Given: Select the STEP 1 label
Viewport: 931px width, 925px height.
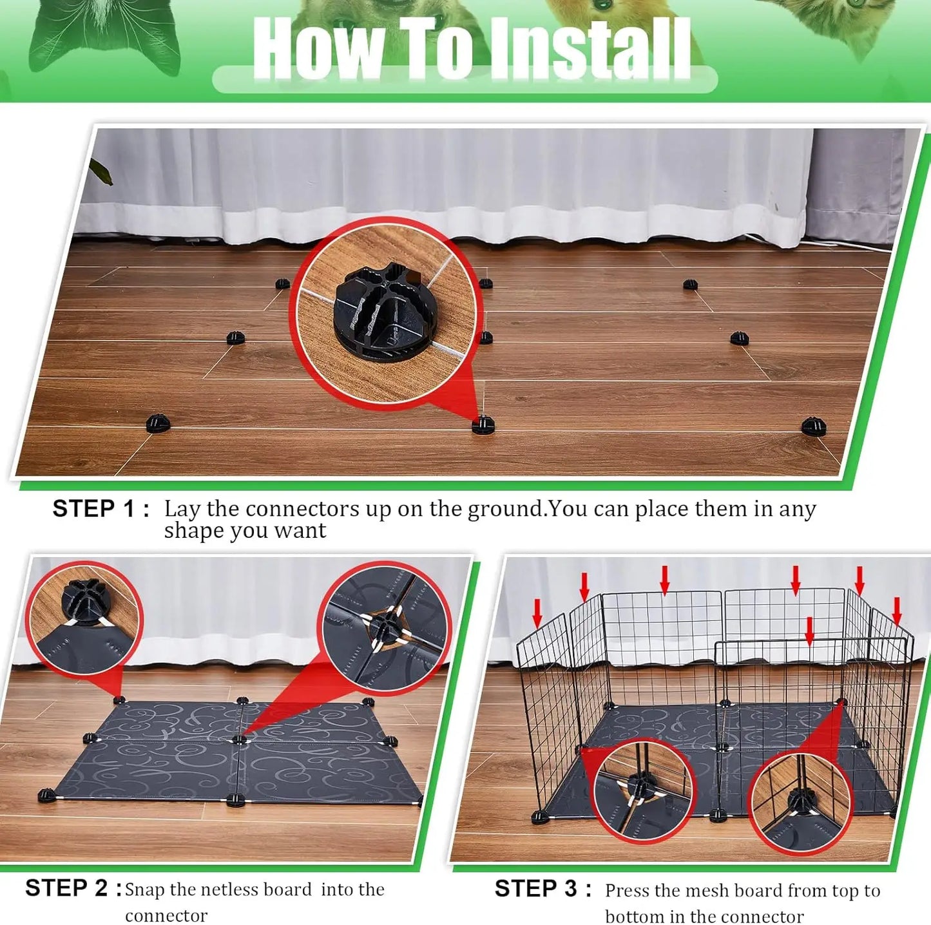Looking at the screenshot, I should pos(101,509).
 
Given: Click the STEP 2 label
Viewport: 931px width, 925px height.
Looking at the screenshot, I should pos(73,888).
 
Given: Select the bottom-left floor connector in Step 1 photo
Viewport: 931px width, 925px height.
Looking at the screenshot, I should pos(158,423).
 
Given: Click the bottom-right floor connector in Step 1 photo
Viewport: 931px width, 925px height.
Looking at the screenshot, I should pos(813,426).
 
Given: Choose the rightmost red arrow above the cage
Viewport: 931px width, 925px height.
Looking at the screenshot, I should pos(896,610).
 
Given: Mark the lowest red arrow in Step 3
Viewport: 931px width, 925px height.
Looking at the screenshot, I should pos(810,631).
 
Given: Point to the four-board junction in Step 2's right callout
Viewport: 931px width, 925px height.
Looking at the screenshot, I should pos(385,624).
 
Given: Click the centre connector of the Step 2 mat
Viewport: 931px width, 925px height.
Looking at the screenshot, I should pos(240,739).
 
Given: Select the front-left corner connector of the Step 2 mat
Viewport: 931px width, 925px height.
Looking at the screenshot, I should pos(46,796).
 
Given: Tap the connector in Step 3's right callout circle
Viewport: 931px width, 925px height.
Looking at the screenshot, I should pos(801,799).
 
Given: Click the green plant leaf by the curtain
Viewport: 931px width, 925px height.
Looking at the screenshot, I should pos(101,171).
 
